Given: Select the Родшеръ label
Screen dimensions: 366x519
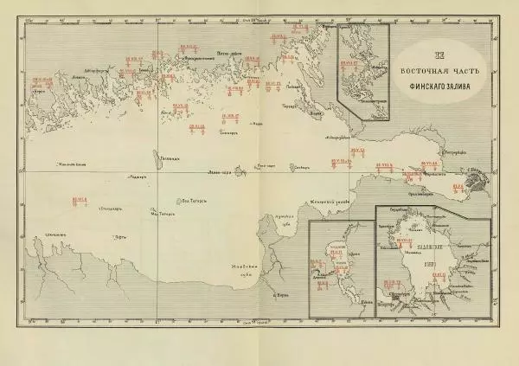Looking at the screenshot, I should (x=133, y=177).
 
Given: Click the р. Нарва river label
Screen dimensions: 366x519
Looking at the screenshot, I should (x=279, y=295).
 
